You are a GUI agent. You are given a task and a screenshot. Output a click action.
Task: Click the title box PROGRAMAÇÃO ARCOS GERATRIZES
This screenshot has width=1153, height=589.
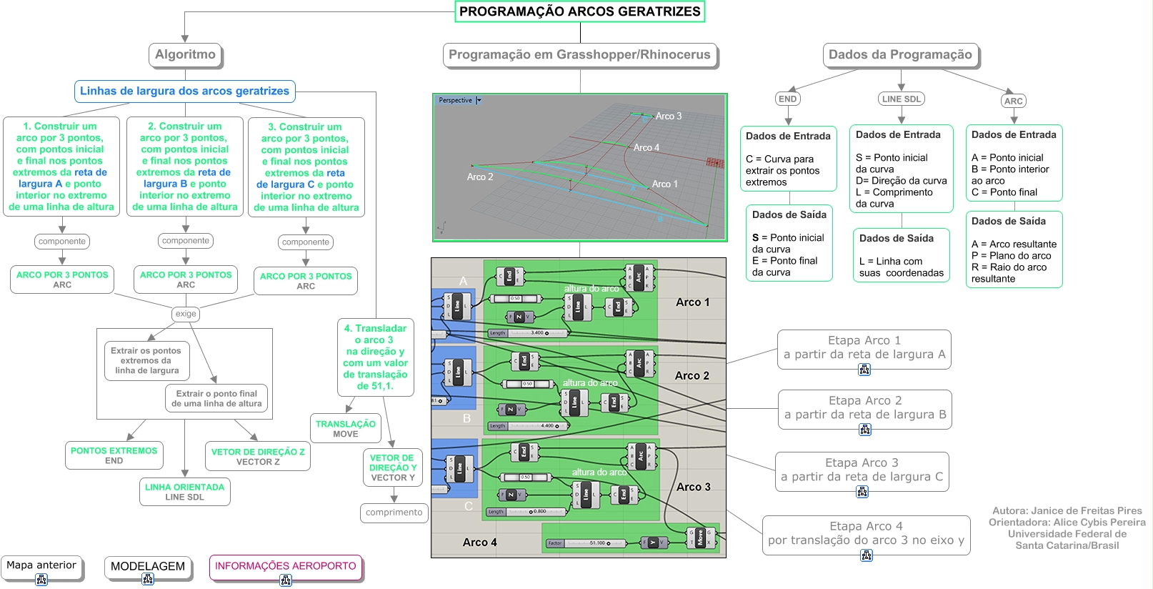pyautogui.click(x=579, y=11)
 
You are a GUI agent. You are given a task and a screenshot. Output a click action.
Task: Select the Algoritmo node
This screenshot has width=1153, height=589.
pyautogui.click(x=185, y=54)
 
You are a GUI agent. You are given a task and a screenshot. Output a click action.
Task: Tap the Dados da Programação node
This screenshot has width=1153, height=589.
pyautogui.click(x=899, y=54)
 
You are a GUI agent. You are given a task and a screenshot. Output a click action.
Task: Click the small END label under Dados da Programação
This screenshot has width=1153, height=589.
pyautogui.click(x=787, y=99)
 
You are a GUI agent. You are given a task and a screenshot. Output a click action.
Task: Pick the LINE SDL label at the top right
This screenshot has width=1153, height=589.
pyautogui.click(x=901, y=99)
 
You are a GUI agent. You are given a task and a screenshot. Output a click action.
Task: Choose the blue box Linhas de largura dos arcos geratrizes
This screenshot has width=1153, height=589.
pyautogui.click(x=184, y=91)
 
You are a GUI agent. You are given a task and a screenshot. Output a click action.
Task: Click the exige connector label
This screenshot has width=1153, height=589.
pyautogui.click(x=186, y=314)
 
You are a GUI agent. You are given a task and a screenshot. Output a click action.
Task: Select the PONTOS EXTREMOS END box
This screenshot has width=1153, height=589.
pyautogui.click(x=114, y=455)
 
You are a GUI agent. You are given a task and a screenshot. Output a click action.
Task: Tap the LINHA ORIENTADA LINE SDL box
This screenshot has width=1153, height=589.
pyautogui.click(x=184, y=492)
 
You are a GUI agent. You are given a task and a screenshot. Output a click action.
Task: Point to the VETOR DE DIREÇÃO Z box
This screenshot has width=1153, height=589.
pyautogui.click(x=258, y=457)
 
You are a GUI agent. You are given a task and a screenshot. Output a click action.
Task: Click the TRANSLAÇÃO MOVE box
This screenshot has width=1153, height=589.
pyautogui.click(x=346, y=428)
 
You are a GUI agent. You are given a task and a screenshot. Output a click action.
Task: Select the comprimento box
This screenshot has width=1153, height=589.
pyautogui.click(x=394, y=513)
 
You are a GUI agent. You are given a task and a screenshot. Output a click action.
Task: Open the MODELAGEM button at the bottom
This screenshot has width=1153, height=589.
pyautogui.click(x=148, y=567)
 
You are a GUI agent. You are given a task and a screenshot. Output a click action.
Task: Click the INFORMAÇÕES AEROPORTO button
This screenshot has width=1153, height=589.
pyautogui.click(x=285, y=566)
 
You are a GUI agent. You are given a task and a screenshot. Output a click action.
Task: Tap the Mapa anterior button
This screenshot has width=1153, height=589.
pyautogui.click(x=41, y=565)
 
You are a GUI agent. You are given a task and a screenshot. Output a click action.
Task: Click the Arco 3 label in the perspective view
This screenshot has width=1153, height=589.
pyautogui.click(x=668, y=116)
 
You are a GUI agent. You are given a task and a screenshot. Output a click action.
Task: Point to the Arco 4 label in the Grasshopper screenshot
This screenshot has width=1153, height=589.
pyautogui.click(x=479, y=543)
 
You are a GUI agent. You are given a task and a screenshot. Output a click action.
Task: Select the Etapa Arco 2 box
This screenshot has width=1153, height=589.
pyautogui.click(x=864, y=408)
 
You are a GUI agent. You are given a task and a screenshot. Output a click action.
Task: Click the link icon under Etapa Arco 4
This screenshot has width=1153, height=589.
pyautogui.click(x=867, y=555)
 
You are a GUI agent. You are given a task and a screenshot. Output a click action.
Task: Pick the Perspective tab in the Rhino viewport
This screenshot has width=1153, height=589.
pyautogui.click(x=456, y=101)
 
